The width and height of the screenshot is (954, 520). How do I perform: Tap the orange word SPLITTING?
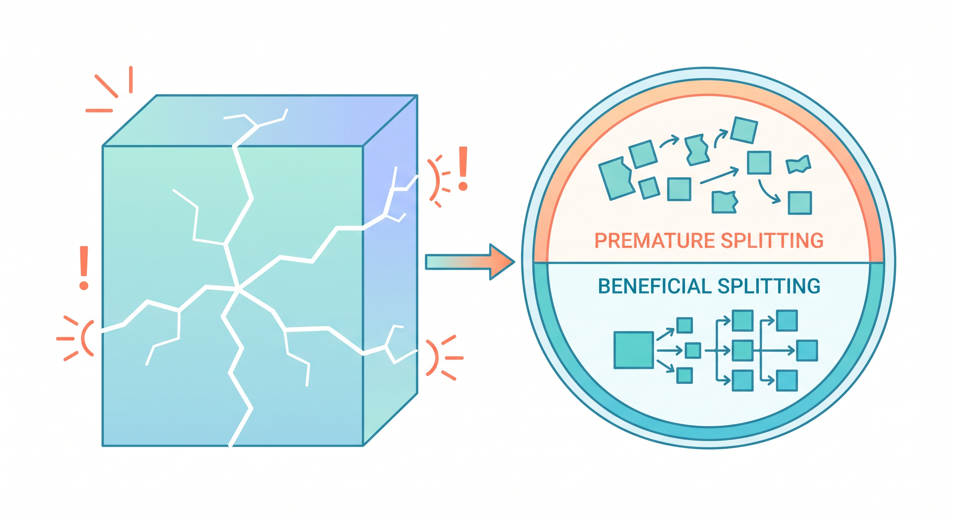tap(772, 241)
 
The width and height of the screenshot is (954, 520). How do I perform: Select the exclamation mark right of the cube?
tap(463, 168)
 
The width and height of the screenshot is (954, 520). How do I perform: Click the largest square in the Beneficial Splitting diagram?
tap(633, 350)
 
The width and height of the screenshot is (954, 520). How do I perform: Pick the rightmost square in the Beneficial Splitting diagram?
tap(807, 350)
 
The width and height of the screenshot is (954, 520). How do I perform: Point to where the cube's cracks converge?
tap(238, 289)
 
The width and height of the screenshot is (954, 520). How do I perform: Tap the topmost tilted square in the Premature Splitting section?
tap(744, 130)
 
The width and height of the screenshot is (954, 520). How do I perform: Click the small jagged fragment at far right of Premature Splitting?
tap(799, 164)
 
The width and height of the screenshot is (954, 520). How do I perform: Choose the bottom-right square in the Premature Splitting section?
tap(800, 203)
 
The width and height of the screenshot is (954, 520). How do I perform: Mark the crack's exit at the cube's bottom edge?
tap(231, 444)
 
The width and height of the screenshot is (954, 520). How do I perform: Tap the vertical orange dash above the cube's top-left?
tap(131, 80)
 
